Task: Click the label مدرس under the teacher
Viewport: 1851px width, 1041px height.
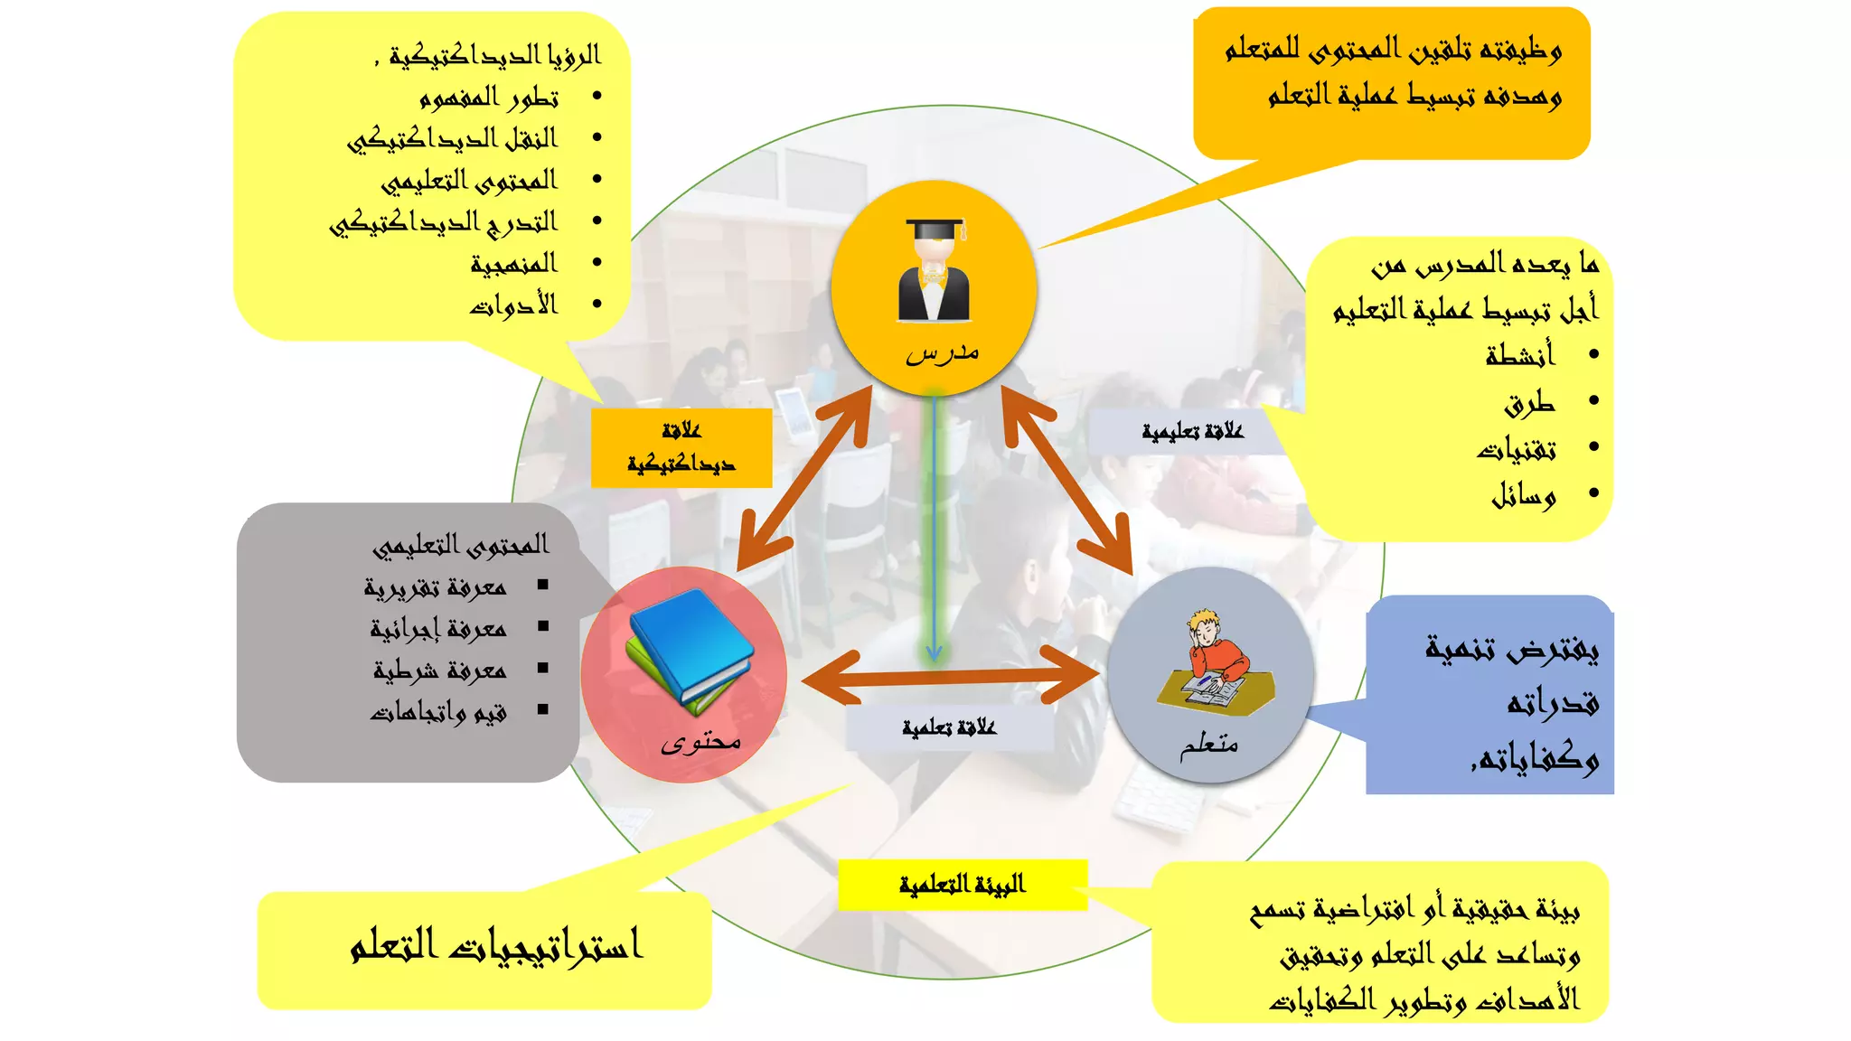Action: tap(942, 352)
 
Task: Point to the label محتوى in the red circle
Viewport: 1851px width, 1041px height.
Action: tap(700, 742)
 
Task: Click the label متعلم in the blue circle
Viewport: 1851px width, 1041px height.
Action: tap(1208, 745)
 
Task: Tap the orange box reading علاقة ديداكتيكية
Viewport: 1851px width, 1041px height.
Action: tap(681, 448)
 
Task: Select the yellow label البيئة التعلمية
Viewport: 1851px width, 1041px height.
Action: tap(962, 884)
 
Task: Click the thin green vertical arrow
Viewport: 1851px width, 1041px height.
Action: tap(935, 533)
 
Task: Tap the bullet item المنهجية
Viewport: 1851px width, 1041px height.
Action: tap(513, 264)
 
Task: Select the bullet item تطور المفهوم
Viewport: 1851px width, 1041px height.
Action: tap(489, 97)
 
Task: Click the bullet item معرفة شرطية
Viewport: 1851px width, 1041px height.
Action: tap(439, 671)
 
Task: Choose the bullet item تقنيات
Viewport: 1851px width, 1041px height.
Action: tap(1517, 448)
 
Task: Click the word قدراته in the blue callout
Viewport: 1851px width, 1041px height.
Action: tap(1553, 703)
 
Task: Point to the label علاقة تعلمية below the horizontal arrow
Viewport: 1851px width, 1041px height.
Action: tap(949, 727)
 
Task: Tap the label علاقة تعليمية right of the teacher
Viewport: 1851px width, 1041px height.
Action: tap(1192, 432)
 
